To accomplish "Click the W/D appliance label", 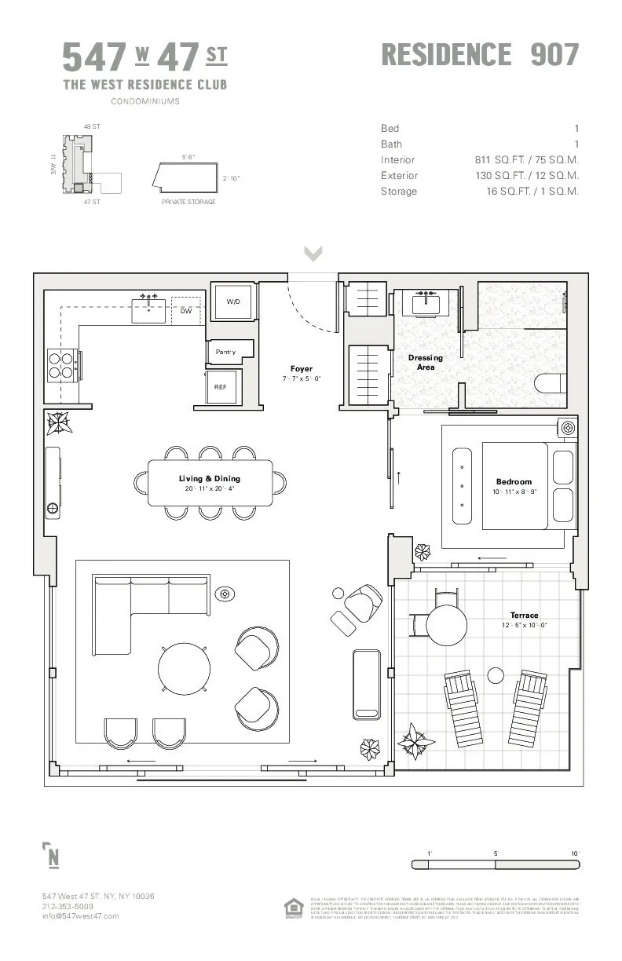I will (233, 301).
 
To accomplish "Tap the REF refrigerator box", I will (221, 387).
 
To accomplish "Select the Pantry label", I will (226, 353).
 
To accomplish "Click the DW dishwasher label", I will (186, 311).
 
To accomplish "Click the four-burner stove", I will (63, 365).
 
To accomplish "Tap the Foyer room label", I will (302, 368).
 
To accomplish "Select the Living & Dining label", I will (210, 478).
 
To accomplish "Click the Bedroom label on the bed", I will (514, 481).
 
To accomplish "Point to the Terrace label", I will (524, 615).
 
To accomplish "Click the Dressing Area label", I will (426, 362).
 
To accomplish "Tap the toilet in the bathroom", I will (551, 383).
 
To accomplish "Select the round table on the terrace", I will (447, 624).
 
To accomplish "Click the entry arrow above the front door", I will (313, 253).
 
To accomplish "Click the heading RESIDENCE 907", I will (480, 55).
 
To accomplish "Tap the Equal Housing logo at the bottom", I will (293, 908).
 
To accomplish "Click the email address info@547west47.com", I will (80, 915).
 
